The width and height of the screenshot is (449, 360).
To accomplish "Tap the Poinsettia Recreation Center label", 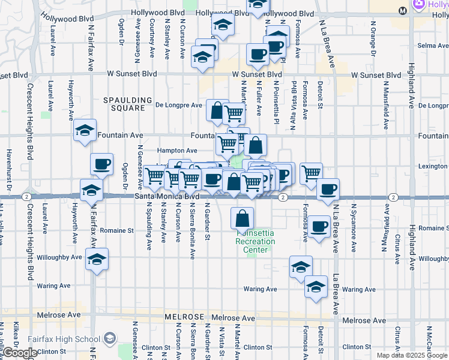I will tap(255, 241).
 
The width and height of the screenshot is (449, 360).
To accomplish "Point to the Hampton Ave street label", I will tap(177, 151).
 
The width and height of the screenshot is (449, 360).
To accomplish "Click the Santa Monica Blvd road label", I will tap(166, 196).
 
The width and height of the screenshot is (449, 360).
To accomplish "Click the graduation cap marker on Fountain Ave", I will tap(85, 130).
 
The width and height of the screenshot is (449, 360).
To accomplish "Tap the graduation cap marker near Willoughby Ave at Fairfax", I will tap(96, 259).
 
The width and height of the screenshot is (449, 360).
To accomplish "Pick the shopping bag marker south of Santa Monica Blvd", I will tap(242, 218).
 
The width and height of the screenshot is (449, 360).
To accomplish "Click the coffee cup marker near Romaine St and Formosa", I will tap(319, 226).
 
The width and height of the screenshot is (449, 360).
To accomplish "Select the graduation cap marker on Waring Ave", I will tap(316, 287).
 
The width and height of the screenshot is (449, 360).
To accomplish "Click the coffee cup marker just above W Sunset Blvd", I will tap(258, 54).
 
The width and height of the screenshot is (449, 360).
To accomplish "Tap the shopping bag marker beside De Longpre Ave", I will tap(216, 110).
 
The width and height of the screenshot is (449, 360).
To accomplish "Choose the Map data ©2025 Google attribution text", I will tap(412, 355).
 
